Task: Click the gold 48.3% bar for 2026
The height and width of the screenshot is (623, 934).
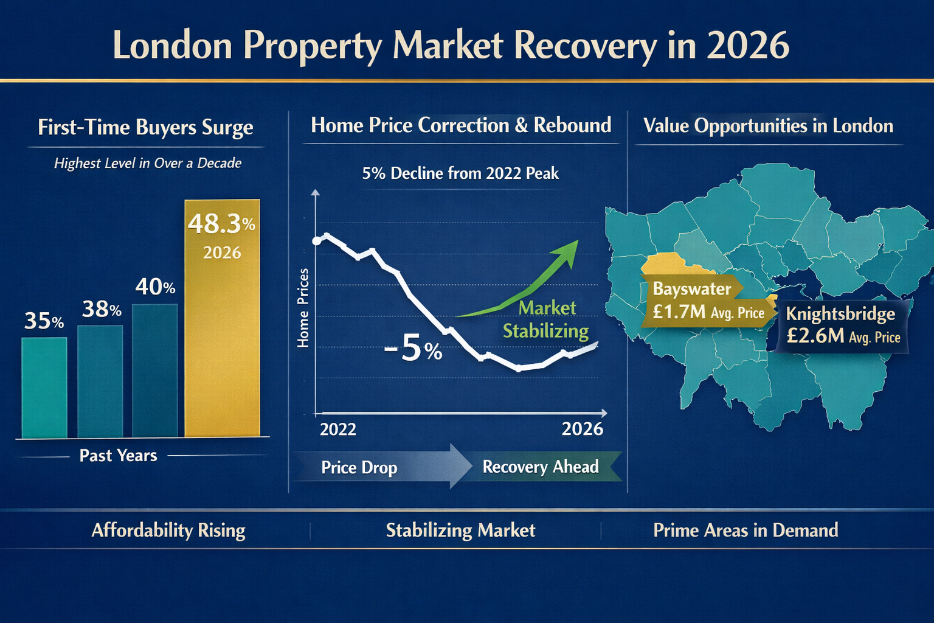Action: pos(222,341)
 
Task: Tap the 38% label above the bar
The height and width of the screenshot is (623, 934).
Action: pos(102,310)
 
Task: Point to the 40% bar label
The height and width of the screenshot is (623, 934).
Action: pos(155,287)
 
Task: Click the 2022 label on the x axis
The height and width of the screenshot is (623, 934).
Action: pos(338,430)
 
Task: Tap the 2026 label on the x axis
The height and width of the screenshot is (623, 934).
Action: pos(582,430)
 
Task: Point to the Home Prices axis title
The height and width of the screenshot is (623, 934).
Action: pos(303,308)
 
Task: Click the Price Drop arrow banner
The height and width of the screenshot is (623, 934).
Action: pos(377,467)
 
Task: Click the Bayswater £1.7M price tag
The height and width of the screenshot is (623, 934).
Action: pos(705,301)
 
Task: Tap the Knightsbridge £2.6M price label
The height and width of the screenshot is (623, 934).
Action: pos(842,325)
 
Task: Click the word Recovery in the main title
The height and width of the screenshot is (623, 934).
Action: pos(585,46)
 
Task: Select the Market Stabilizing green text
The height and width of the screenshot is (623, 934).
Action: pos(546,319)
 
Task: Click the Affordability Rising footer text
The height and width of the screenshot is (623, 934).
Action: pos(168,531)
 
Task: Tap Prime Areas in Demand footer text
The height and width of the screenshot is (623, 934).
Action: pos(745,531)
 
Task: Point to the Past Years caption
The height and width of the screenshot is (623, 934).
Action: pos(118,456)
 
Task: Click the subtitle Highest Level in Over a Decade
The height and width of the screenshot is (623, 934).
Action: pos(148,163)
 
